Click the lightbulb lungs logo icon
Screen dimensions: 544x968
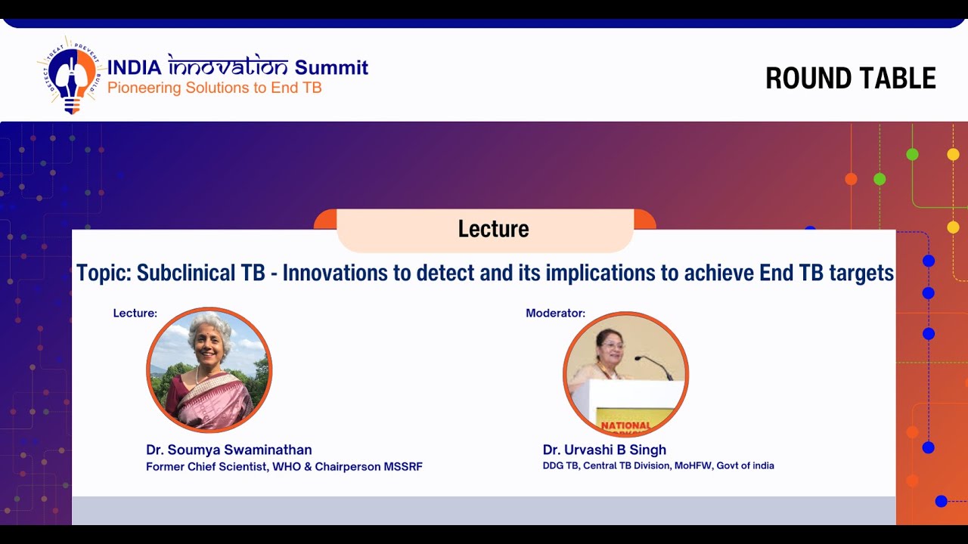[72, 75]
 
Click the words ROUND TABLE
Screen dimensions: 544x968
[850, 79]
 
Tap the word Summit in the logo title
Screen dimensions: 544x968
[331, 67]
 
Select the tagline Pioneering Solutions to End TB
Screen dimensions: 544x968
[214, 88]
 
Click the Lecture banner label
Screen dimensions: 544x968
[493, 229]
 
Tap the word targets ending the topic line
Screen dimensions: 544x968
[860, 274]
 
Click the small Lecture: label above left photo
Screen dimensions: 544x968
[135, 313]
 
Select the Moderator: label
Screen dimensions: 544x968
[555, 313]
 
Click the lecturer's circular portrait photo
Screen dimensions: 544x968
[209, 369]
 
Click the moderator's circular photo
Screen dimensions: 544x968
[625, 374]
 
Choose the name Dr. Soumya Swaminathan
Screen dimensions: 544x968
[228, 450]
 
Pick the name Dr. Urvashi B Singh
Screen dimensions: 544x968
[604, 450]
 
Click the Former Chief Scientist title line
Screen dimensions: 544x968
[284, 467]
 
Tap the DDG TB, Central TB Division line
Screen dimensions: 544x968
[658, 465]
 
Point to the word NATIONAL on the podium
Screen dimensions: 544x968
[625, 425]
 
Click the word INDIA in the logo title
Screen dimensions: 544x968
[134, 67]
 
